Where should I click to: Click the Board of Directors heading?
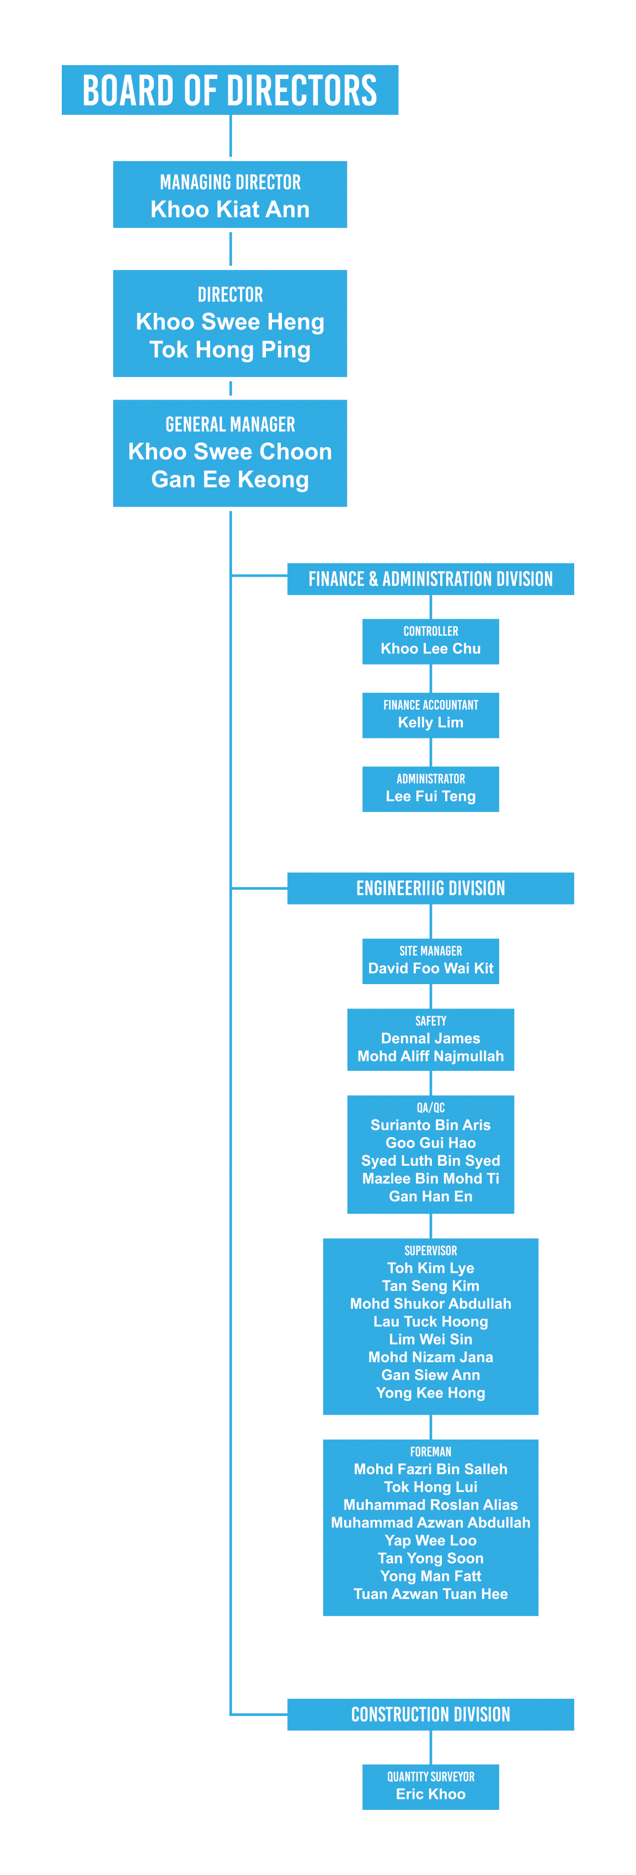229,91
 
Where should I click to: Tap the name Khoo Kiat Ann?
230,210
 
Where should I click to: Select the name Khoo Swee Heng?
230,322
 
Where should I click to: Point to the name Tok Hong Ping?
230,350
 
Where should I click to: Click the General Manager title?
230,424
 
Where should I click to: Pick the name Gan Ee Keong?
230,480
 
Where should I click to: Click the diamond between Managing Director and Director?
230,249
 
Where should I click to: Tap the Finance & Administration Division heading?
430,580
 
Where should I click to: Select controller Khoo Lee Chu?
430,649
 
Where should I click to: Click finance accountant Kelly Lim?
430,723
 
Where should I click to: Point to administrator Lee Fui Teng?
430,796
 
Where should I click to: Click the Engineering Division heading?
430,889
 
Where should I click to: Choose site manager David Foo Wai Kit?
430,969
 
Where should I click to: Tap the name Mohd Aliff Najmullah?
430,1056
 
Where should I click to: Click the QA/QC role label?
430,1108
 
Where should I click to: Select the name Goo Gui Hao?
430,1143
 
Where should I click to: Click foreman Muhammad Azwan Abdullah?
430,1523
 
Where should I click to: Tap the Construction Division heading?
430,1715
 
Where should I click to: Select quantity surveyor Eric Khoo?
430,1794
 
